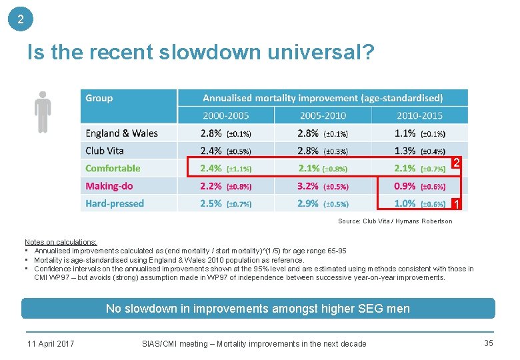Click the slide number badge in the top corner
coord(20,19)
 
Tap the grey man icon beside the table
coord(43,112)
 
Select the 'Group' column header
coord(99,98)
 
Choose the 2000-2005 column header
coord(225,115)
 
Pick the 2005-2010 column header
coord(323,115)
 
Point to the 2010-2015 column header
coord(419,115)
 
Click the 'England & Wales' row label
coord(121,133)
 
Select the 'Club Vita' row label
coord(105,151)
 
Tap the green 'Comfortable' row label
coord(113,169)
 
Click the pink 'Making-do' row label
coord(109,186)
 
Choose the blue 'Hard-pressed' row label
coord(115,203)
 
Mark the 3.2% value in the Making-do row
coord(308,186)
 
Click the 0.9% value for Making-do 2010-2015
coord(405,186)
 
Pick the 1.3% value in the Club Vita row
coord(405,151)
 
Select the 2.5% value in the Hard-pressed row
coord(211,203)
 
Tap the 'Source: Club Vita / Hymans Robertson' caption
coord(395,221)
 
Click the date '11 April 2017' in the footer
coord(51,344)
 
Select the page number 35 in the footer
coord(489,343)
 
